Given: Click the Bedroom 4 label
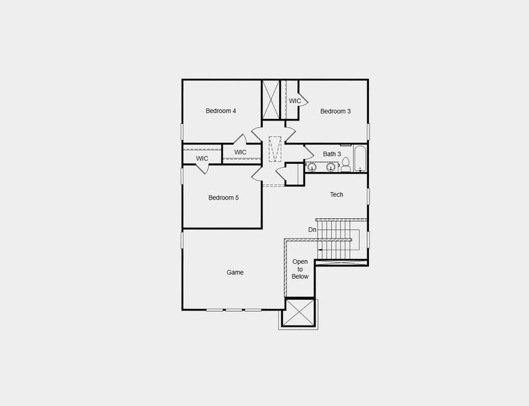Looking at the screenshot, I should (221, 111).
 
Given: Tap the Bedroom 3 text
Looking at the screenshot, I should (335, 112).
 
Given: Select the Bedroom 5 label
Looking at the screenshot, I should (223, 198).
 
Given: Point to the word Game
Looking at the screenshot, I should (234, 273).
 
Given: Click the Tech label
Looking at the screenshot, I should (336, 195).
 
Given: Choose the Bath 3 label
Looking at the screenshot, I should (332, 154).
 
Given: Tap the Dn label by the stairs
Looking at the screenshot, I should (312, 230).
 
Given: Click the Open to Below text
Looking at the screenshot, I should (300, 269).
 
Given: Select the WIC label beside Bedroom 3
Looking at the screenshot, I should (295, 101).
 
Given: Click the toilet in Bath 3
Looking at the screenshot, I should (346, 164).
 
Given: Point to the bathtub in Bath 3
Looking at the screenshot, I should (360, 159).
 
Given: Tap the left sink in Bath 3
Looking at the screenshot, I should (312, 166).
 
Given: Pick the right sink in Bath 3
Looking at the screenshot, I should (330, 166).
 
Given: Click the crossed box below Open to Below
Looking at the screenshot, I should (299, 313).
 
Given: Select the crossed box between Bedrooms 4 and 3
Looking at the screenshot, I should (272, 99).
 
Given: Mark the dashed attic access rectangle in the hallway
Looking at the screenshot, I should (274, 149).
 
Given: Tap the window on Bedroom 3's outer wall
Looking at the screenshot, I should (368, 131).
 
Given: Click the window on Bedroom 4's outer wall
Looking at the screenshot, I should (182, 132).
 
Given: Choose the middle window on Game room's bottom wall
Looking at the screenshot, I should (234, 310).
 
